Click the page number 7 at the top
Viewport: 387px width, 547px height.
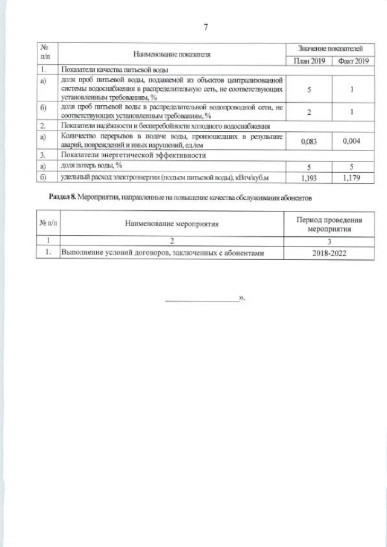(206, 27)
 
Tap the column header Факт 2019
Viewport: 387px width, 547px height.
(354, 61)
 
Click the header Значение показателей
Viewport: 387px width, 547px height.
(330, 47)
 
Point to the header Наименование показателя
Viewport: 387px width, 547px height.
(172, 54)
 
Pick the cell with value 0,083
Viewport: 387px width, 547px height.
(309, 141)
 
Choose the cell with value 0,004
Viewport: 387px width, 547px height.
(354, 141)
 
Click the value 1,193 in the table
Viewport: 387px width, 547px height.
(309, 178)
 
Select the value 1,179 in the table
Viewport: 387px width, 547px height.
(354, 178)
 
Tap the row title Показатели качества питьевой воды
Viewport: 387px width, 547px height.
(110, 71)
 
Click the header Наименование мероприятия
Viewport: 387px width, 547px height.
(172, 224)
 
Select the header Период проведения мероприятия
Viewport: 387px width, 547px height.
(330, 224)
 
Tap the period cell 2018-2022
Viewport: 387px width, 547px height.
(330, 254)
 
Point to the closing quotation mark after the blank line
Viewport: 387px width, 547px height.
(242, 299)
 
